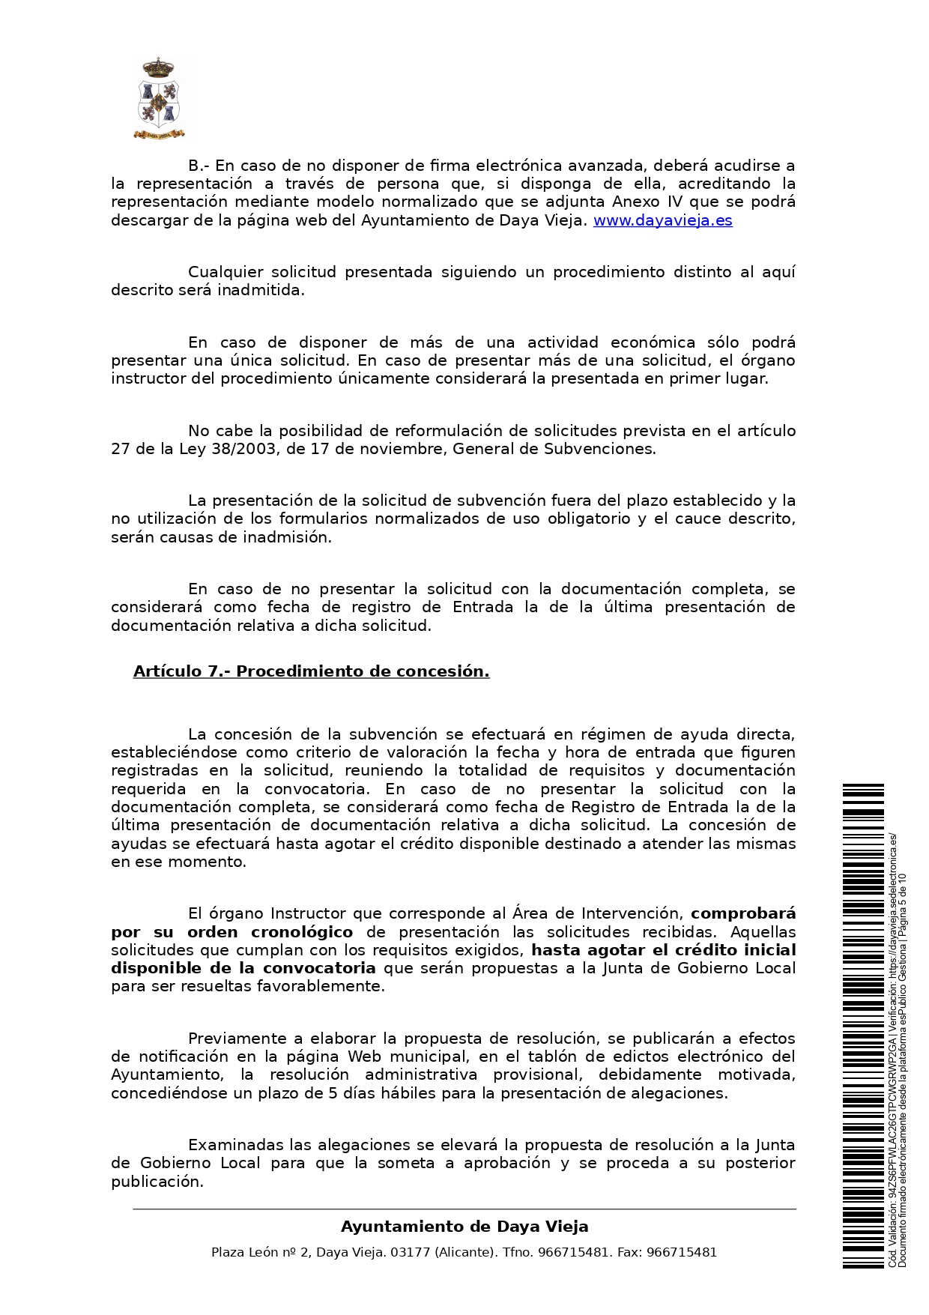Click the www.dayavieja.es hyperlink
click(x=662, y=220)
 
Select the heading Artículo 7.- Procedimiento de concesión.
click(x=311, y=671)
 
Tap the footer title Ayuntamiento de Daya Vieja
click(x=464, y=1227)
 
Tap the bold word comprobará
click(x=742, y=913)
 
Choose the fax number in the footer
click(x=681, y=1252)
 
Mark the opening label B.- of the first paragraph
click(x=199, y=166)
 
